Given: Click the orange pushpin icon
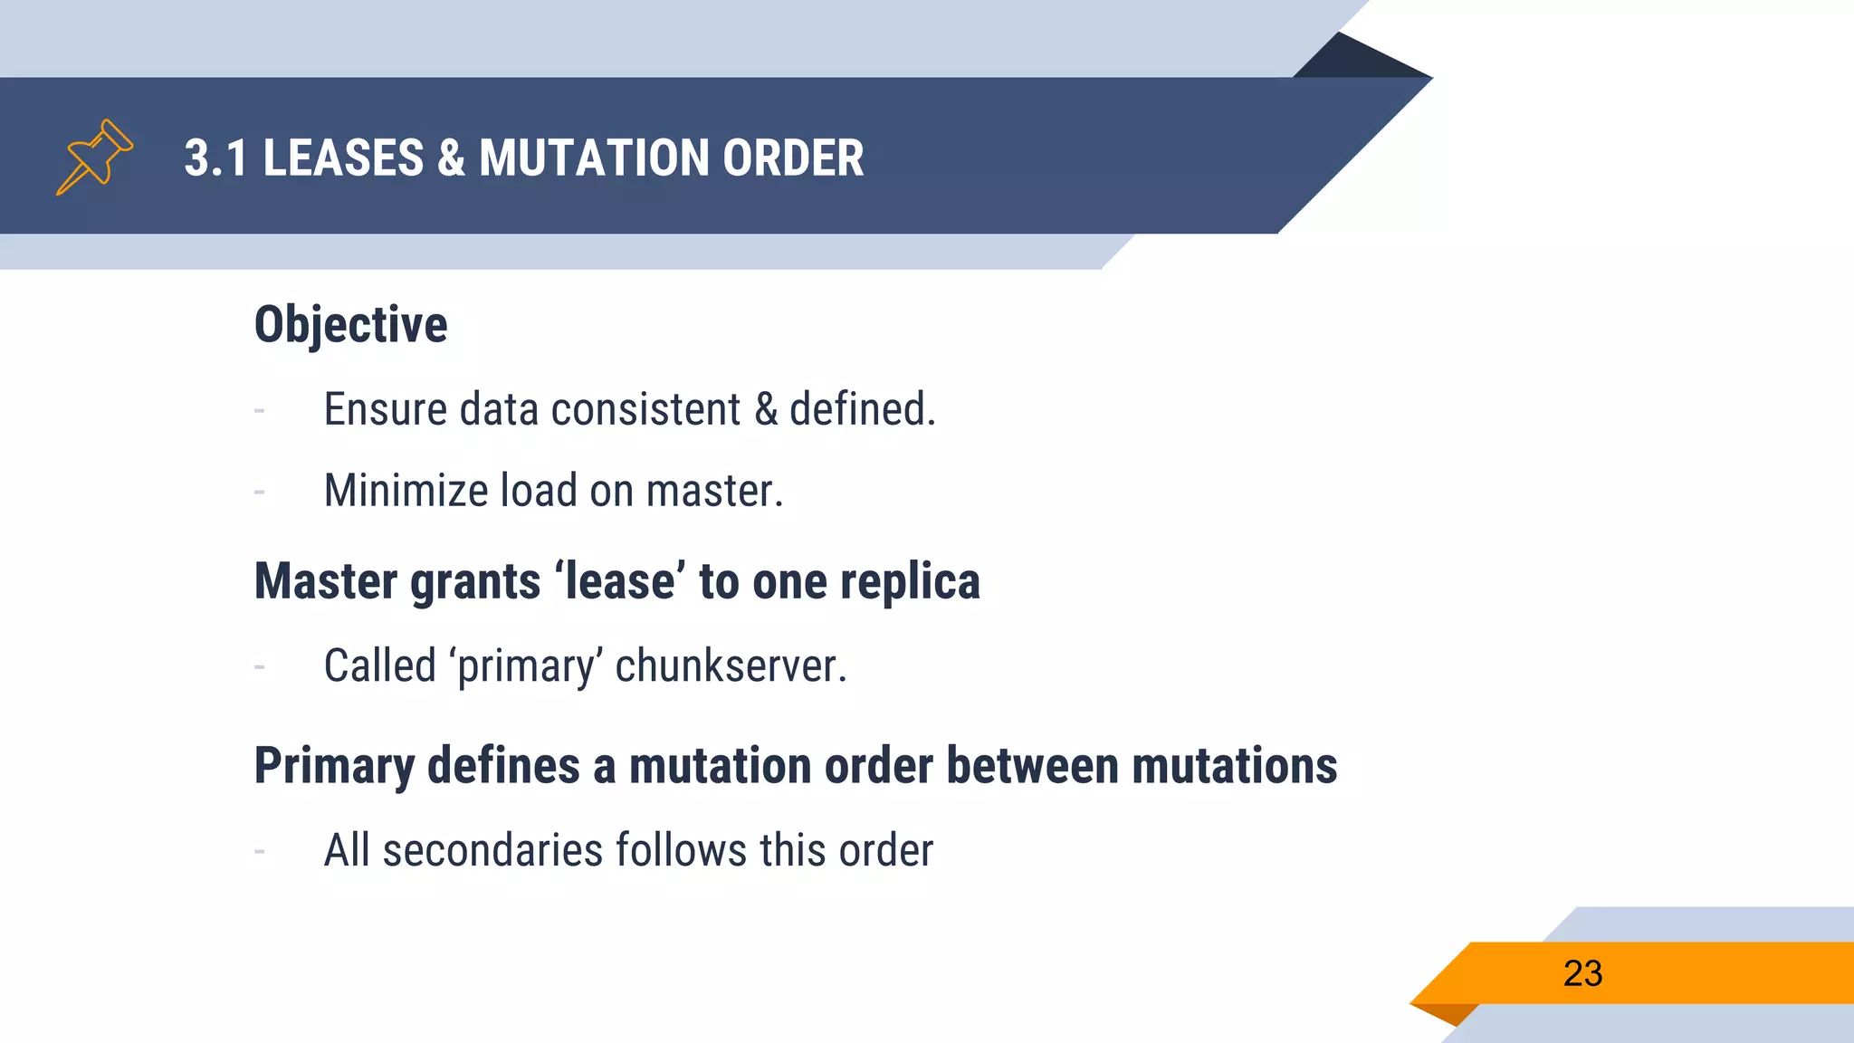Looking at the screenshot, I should click(95, 157).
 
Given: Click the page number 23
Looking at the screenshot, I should click(1582, 974).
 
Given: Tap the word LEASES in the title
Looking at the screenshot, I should click(343, 158).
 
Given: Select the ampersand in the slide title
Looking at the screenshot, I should click(451, 158).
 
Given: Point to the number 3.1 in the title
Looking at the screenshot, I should click(215, 158).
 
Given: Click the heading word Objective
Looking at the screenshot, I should click(350, 325).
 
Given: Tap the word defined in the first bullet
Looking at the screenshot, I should click(861, 409).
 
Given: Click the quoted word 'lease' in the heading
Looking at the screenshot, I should click(620, 581).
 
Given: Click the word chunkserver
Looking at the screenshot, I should click(730, 666).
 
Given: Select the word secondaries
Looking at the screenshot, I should click(492, 851).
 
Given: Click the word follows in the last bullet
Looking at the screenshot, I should click(681, 851).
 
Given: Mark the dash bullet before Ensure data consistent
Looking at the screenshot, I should click(260, 411).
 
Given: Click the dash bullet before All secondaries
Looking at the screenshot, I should click(260, 852).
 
